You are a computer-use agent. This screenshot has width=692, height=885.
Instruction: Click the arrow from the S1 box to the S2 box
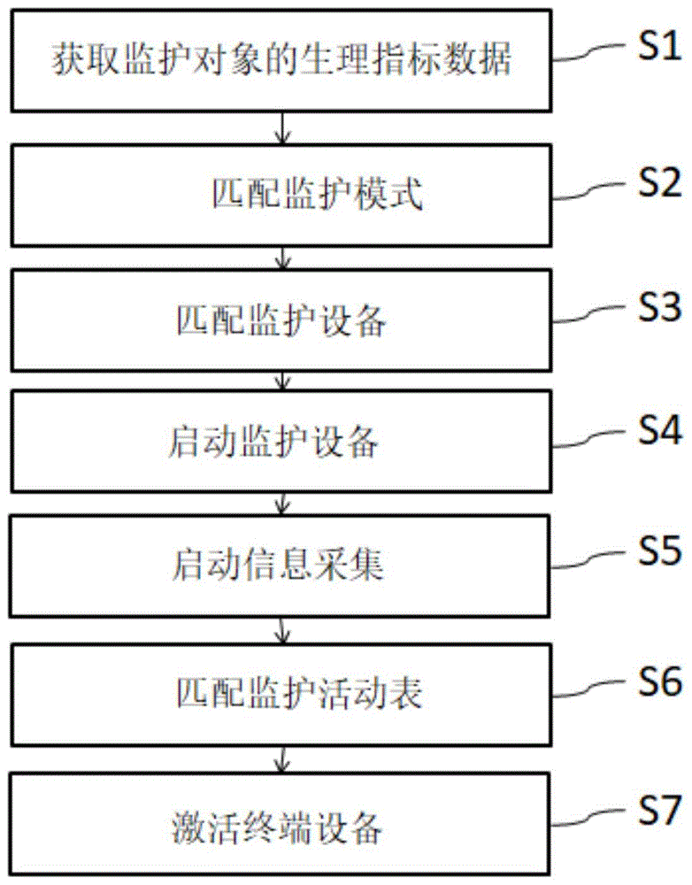point(282,128)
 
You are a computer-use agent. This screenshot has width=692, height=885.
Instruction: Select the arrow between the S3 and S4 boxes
point(282,381)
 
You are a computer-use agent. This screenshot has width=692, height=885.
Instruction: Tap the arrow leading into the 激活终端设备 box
point(282,758)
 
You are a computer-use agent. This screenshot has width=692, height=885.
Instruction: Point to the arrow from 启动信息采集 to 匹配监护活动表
point(282,630)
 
